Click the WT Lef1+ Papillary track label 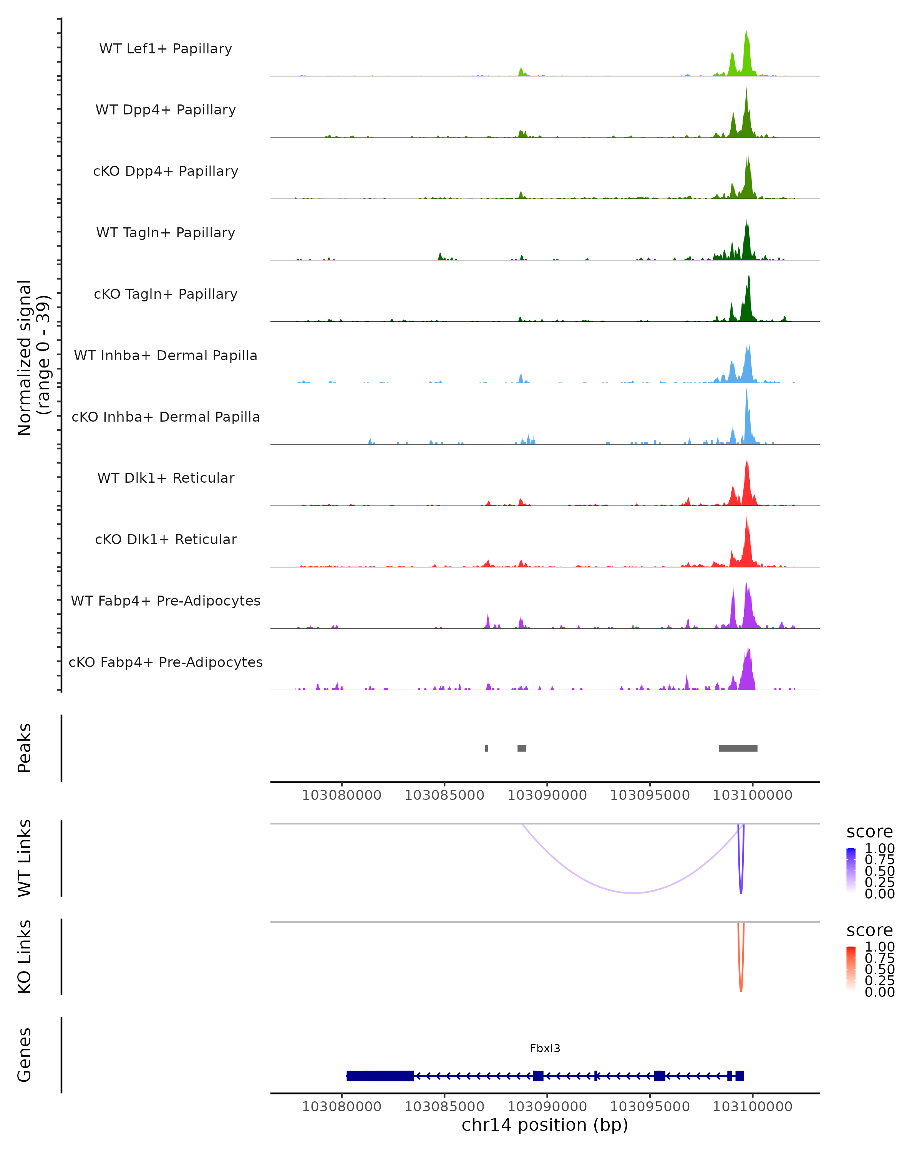[x=166, y=49]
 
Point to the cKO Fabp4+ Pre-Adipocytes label [x=166, y=662]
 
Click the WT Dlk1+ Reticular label [x=166, y=478]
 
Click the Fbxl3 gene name [x=545, y=1048]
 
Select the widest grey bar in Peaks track [x=738, y=748]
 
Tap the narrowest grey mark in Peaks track [x=486, y=748]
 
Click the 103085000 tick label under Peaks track [x=444, y=795]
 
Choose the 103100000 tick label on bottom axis [x=752, y=1107]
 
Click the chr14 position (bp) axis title [x=545, y=1125]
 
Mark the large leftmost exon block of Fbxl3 [x=380, y=1076]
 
